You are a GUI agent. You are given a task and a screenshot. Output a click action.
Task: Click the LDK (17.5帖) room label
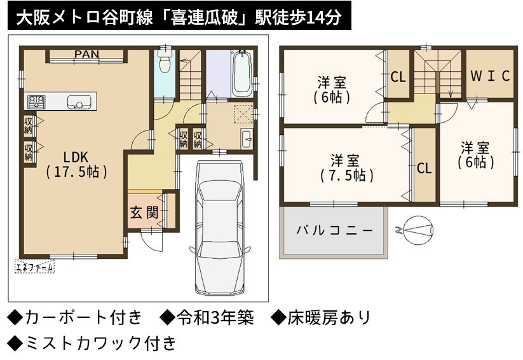pyautogui.click(x=76, y=164)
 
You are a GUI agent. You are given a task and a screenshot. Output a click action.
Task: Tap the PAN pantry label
pyautogui.click(x=86, y=54)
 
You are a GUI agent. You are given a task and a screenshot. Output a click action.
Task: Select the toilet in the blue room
pyautogui.click(x=165, y=61)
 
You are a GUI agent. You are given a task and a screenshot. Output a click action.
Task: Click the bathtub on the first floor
pyautogui.click(x=242, y=74)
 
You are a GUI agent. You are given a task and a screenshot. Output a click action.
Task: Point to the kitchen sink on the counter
pyautogui.click(x=79, y=102)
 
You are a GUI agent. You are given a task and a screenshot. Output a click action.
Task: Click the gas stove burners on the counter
pyautogui.click(x=36, y=102)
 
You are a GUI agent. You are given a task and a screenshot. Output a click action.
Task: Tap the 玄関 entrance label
pyautogui.click(x=144, y=212)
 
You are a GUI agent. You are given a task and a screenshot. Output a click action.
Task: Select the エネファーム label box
pyautogui.click(x=35, y=267)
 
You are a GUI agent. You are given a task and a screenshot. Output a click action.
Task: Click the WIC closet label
pyautogui.click(x=490, y=76)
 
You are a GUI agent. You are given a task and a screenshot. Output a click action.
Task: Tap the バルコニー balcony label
pyautogui.click(x=334, y=230)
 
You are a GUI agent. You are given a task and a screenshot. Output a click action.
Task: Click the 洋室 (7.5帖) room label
pyautogui.click(x=346, y=168)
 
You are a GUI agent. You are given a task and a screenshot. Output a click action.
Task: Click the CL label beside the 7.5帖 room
pyautogui.click(x=425, y=169)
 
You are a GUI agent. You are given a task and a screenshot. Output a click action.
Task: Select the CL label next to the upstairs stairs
pyautogui.click(x=398, y=77)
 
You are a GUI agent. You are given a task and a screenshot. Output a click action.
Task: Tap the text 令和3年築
pyautogui.click(x=215, y=317)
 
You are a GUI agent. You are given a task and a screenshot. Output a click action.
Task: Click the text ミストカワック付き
pyautogui.click(x=100, y=343)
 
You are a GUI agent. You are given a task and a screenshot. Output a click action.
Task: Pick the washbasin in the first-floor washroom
pyautogui.click(x=247, y=137)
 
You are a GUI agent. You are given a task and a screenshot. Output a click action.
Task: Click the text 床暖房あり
pyautogui.click(x=329, y=317)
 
